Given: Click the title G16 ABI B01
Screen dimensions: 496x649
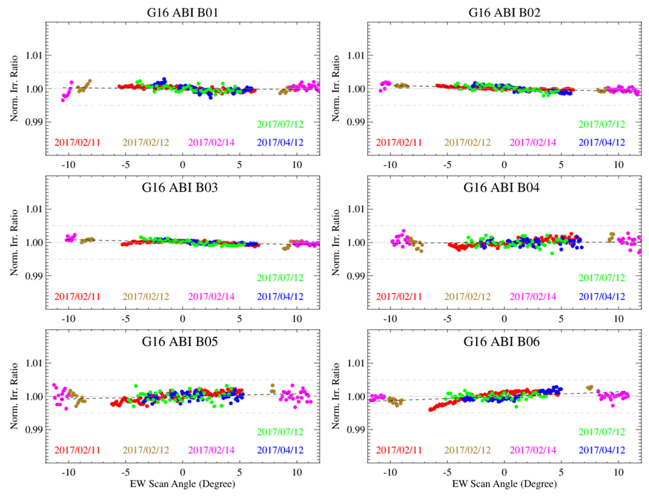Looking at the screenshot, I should (x=182, y=13).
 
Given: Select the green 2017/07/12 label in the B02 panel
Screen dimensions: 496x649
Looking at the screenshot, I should (x=602, y=124).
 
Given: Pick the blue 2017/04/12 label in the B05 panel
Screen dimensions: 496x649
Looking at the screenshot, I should (x=280, y=450).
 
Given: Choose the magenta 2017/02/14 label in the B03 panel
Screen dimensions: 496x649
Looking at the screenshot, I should (x=211, y=296).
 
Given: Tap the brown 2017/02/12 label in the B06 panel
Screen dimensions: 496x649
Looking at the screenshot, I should (x=467, y=450).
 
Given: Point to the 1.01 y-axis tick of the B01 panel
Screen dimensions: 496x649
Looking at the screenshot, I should (x=34, y=55).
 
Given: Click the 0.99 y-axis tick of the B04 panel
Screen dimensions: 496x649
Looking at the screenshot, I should (x=356, y=276).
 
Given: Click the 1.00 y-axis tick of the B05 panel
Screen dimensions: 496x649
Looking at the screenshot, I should (x=34, y=396).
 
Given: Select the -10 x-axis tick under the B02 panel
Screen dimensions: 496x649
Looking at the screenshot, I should (x=390, y=165).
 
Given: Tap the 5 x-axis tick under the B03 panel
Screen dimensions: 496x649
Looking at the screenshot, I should (x=239, y=319).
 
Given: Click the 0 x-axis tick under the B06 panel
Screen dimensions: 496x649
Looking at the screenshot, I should (x=504, y=472).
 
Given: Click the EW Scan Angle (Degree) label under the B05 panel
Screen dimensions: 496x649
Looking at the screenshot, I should (x=182, y=484).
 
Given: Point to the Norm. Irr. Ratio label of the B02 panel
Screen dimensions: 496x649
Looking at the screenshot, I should (x=336, y=88).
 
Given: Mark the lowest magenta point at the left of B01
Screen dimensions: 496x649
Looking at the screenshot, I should (x=63, y=100).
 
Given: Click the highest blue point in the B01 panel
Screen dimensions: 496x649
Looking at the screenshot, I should (x=164, y=79).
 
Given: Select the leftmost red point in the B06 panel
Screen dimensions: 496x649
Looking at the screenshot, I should (x=430, y=410).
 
